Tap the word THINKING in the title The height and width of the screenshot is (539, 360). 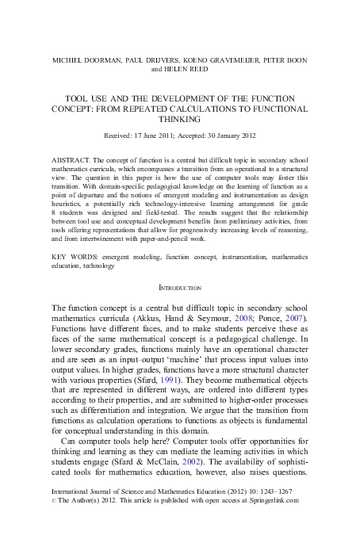180,119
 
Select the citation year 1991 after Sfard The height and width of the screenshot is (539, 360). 184,380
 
